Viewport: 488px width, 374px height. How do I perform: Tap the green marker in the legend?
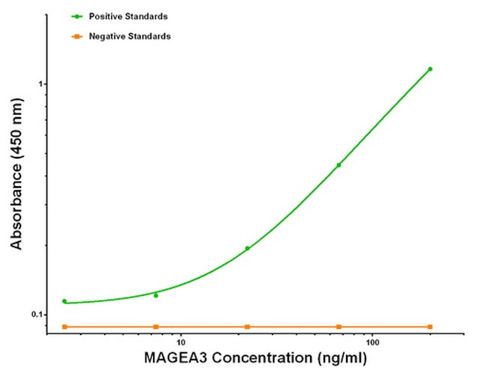coord(77,16)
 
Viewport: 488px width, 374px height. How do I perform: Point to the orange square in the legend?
coord(77,36)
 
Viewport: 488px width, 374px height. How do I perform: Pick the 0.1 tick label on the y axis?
coord(37,315)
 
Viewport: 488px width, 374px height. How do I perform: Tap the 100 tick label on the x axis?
coord(373,342)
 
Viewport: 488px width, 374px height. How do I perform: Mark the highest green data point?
coord(430,69)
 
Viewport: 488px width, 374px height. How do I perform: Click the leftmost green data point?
coord(65,301)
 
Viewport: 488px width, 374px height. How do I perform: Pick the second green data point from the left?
coord(156,295)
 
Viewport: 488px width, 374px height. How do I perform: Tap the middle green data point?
coord(247,248)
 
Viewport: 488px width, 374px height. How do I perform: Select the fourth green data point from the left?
coord(339,164)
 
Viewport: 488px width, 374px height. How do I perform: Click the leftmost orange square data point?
coord(65,327)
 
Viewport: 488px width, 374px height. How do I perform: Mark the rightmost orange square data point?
coord(430,327)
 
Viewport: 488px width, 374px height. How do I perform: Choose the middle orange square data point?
coord(247,327)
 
